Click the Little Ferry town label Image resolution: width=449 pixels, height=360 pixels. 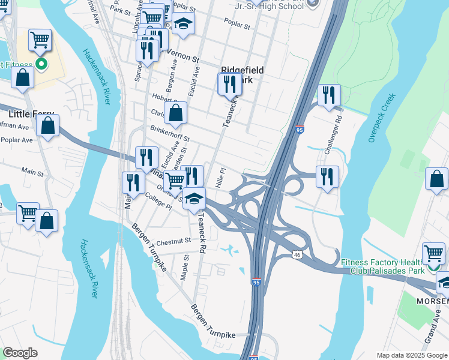pos(31,113)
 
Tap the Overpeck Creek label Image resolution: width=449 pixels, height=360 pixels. pos(382,117)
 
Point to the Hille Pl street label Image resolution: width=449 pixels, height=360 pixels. pos(221,177)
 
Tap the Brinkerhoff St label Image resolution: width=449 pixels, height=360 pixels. pos(169,133)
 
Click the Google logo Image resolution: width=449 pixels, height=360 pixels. pos(20,353)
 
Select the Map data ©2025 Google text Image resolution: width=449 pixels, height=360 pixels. pos(411,355)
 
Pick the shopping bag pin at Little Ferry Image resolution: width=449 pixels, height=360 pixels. pos(47,125)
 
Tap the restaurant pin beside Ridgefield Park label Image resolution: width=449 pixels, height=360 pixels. pos(229,84)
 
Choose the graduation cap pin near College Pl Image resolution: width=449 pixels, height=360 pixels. pos(194,198)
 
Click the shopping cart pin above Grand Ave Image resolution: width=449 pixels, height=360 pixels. pos(433,253)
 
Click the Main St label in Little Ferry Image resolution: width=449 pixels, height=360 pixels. pos(33,171)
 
